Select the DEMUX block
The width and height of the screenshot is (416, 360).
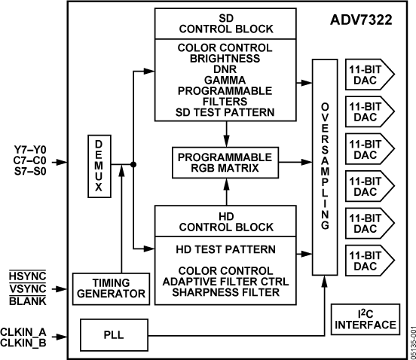click(99, 166)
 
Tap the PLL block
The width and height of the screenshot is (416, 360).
click(112, 329)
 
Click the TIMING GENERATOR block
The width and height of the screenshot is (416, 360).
click(109, 288)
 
